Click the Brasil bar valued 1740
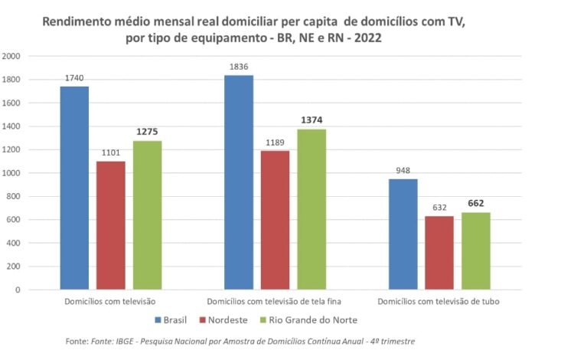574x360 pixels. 74,188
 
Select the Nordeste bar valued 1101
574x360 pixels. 111,225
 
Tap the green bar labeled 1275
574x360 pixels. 147,215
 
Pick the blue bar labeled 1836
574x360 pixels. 239,182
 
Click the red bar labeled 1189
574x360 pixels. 275,220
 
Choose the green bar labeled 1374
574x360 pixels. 311,209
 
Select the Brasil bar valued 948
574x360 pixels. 403,234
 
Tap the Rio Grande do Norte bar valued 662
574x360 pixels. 475,251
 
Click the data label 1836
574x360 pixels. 239,67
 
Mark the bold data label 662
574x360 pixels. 475,204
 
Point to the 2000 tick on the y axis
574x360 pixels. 11,56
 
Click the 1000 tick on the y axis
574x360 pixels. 11,173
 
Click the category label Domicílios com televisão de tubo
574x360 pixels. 439,302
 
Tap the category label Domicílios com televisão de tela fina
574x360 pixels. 275,302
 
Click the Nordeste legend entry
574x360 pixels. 225,319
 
